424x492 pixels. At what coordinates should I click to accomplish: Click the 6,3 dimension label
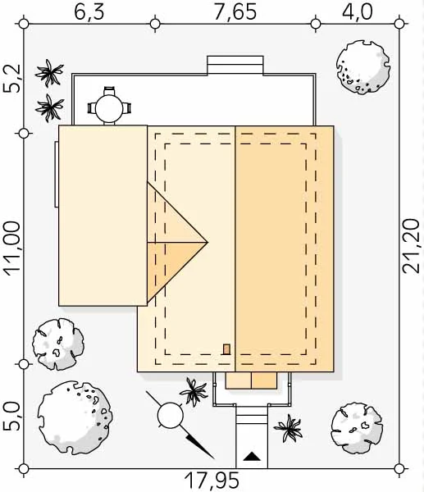(89, 12)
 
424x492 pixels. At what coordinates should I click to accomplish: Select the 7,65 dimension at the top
(235, 12)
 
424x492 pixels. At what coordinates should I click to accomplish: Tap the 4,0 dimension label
(357, 12)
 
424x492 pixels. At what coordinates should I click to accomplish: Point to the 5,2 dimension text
(12, 79)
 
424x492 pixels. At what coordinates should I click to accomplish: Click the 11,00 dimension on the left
(12, 248)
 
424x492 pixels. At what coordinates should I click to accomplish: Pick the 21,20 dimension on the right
(411, 246)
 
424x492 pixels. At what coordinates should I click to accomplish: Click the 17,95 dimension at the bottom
(212, 480)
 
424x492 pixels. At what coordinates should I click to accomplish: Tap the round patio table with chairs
(109, 106)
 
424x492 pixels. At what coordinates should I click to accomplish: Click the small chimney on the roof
(226, 349)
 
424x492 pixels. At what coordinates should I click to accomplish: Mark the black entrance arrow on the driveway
(252, 456)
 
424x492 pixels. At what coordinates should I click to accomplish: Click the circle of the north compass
(170, 416)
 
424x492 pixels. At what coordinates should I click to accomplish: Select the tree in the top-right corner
(363, 67)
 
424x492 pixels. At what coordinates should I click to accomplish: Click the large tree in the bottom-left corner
(75, 417)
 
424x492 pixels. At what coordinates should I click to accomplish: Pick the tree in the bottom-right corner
(357, 428)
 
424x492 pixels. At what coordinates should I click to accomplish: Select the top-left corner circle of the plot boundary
(24, 24)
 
